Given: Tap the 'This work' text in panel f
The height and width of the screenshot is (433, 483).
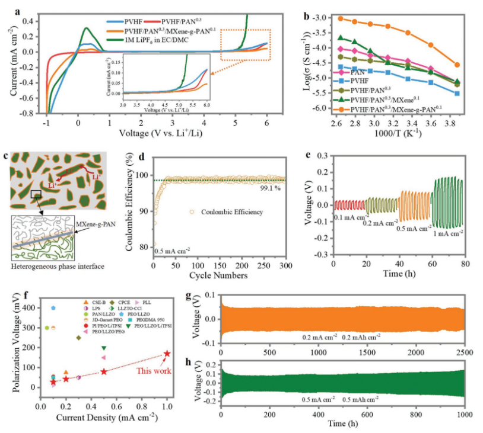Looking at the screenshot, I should [156, 371].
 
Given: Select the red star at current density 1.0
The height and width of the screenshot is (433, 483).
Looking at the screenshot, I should [167, 354].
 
